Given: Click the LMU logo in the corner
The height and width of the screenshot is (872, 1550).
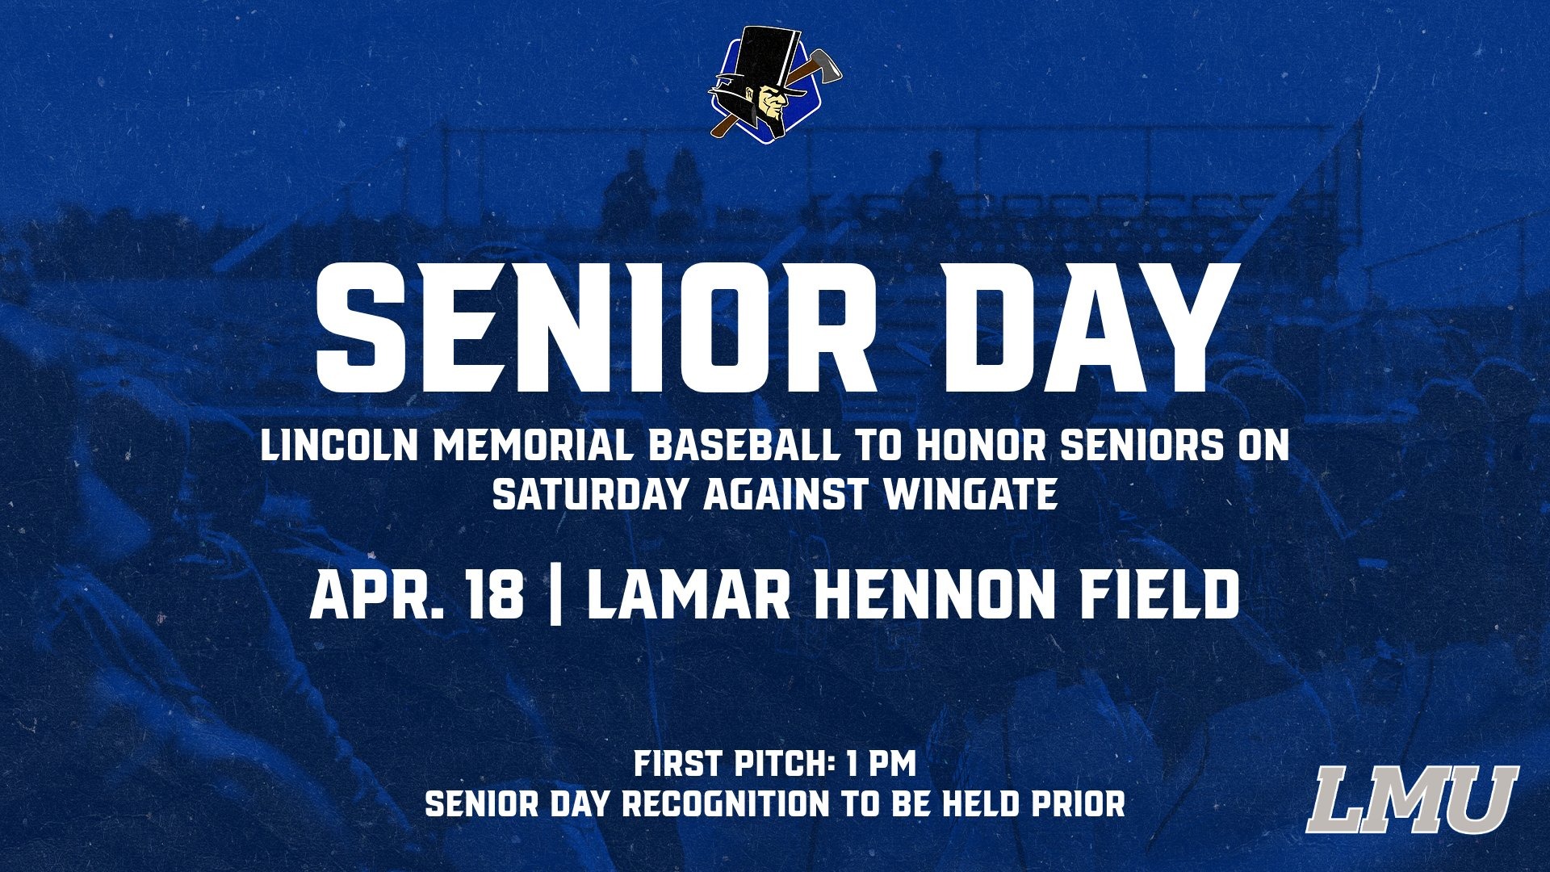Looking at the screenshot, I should coord(1412,799).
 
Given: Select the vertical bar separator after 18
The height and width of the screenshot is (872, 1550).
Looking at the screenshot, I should coord(555,596).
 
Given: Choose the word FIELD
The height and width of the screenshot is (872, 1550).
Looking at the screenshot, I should coord(1159,596).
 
